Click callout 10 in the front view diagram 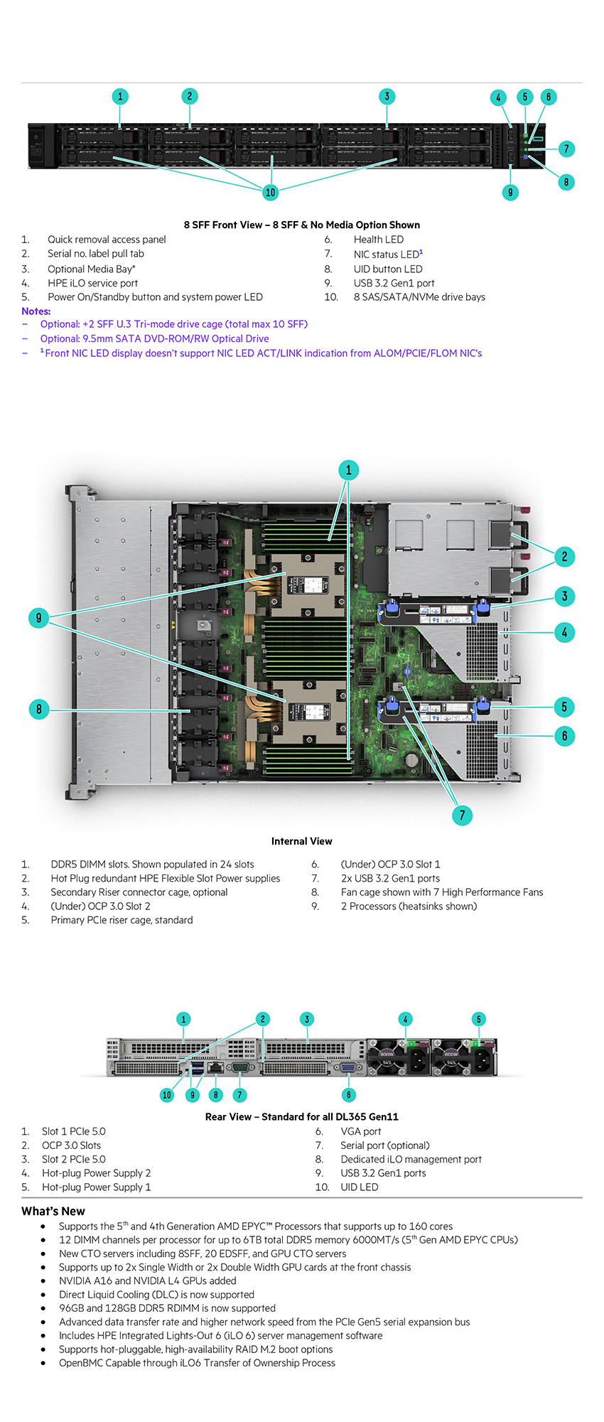click(270, 192)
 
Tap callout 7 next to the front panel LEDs click(566, 149)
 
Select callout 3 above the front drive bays click(387, 97)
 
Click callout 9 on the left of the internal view click(39, 617)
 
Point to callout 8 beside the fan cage click(39, 709)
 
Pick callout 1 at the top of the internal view click(348, 469)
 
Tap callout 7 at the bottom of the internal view click(462, 815)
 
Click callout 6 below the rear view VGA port click(348, 1095)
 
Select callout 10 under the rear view click(167, 1095)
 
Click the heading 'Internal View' click(301, 841)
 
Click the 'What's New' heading click(53, 1211)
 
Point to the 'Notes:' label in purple click(36, 311)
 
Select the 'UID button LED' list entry click(388, 269)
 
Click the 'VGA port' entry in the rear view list click(361, 1131)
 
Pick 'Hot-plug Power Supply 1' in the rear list click(97, 1187)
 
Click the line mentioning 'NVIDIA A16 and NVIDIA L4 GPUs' click(148, 1281)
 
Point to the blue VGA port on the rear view click(348, 1067)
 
